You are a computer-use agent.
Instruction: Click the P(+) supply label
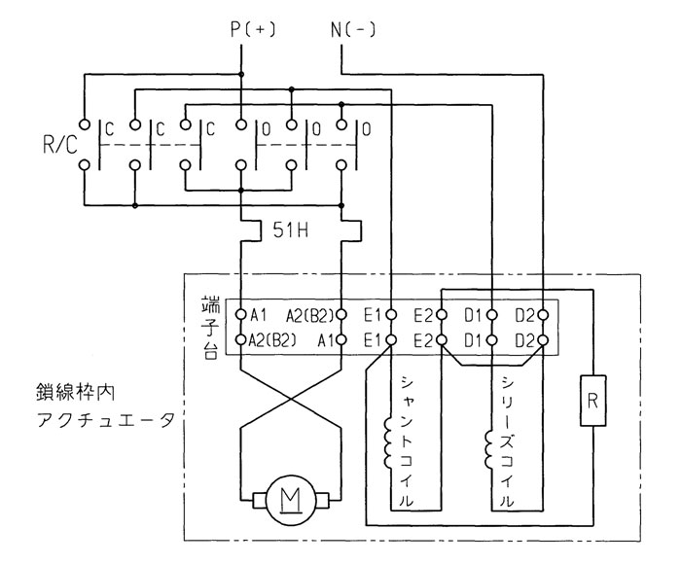click(x=253, y=30)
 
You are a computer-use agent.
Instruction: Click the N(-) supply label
click(x=353, y=30)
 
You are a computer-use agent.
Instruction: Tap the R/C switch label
click(x=60, y=145)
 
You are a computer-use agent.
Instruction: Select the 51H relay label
click(x=291, y=230)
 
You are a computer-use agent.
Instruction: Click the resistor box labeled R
click(x=592, y=401)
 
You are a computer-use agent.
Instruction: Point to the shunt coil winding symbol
click(x=388, y=442)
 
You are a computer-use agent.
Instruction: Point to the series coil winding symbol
click(x=488, y=448)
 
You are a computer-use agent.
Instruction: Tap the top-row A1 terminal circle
click(x=241, y=314)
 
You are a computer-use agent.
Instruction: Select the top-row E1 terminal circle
click(x=391, y=314)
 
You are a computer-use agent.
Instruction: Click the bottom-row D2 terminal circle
click(x=543, y=340)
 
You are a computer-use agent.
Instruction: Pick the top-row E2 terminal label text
click(x=422, y=316)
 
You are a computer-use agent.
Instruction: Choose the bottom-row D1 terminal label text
click(x=474, y=341)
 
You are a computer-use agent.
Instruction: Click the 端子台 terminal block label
click(x=211, y=328)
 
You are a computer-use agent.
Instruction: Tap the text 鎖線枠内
click(x=75, y=393)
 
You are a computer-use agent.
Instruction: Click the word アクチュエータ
click(x=106, y=420)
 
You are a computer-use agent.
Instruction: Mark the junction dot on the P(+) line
click(x=241, y=75)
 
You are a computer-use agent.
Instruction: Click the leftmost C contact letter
click(x=109, y=129)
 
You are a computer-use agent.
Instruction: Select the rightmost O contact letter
click(x=366, y=129)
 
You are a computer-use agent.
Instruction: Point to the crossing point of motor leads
click(x=291, y=399)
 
